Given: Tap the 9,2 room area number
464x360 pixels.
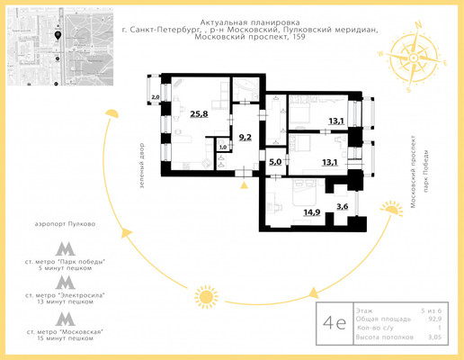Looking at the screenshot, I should coord(244,138).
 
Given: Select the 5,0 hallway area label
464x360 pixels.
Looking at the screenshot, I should coord(276,163).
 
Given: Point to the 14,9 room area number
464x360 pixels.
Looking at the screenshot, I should coord(311,212).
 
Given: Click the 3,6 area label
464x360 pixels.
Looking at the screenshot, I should coord(342,207).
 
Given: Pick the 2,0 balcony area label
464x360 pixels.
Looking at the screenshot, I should coord(155,97).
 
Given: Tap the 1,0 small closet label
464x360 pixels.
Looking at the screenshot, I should coord(223,147).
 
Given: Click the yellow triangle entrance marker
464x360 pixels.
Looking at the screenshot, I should coord(245,186).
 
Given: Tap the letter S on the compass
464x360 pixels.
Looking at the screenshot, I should coord(409,88).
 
